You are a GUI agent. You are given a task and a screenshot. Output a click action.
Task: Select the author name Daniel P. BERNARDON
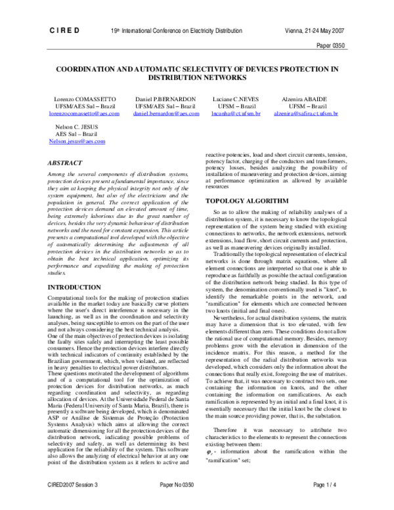tap(165, 98)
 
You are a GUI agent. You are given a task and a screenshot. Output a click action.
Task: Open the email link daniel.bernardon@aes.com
tap(165, 114)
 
